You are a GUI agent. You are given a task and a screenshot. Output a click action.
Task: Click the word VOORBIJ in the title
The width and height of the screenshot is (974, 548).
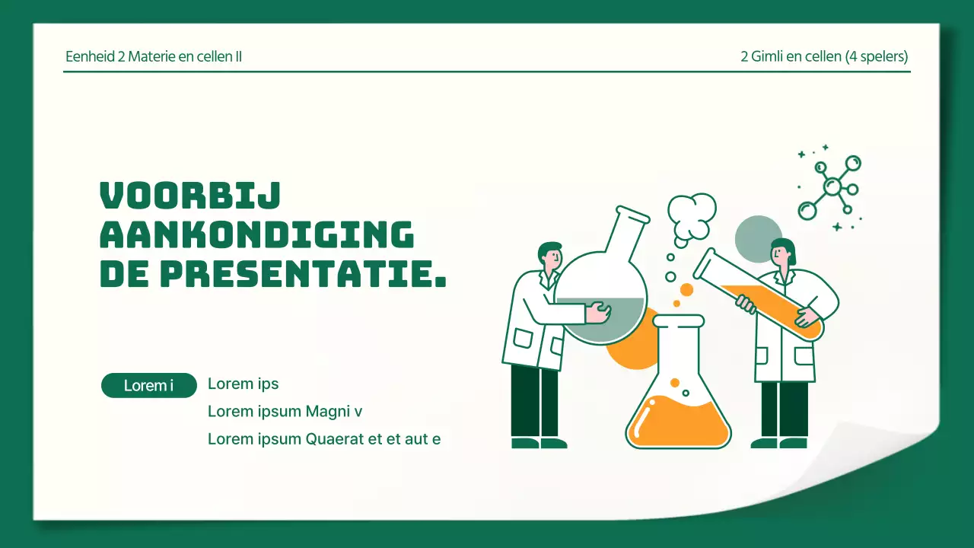click(190, 196)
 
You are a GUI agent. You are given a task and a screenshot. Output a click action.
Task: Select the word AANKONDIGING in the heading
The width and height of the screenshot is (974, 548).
click(257, 234)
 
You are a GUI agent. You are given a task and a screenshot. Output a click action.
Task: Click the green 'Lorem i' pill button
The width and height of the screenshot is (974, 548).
click(148, 385)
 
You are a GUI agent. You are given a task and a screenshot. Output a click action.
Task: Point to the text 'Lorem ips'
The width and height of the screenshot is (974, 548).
click(243, 384)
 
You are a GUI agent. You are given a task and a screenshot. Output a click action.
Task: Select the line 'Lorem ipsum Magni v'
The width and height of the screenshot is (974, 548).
click(285, 411)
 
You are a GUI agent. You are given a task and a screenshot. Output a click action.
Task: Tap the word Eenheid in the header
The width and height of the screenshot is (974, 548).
click(90, 56)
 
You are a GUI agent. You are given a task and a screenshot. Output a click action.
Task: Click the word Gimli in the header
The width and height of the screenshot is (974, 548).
click(767, 56)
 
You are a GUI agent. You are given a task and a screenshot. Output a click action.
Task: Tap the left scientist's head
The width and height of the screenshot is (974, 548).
click(550, 256)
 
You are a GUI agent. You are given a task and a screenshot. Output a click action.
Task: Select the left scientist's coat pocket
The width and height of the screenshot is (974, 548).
click(523, 338)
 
